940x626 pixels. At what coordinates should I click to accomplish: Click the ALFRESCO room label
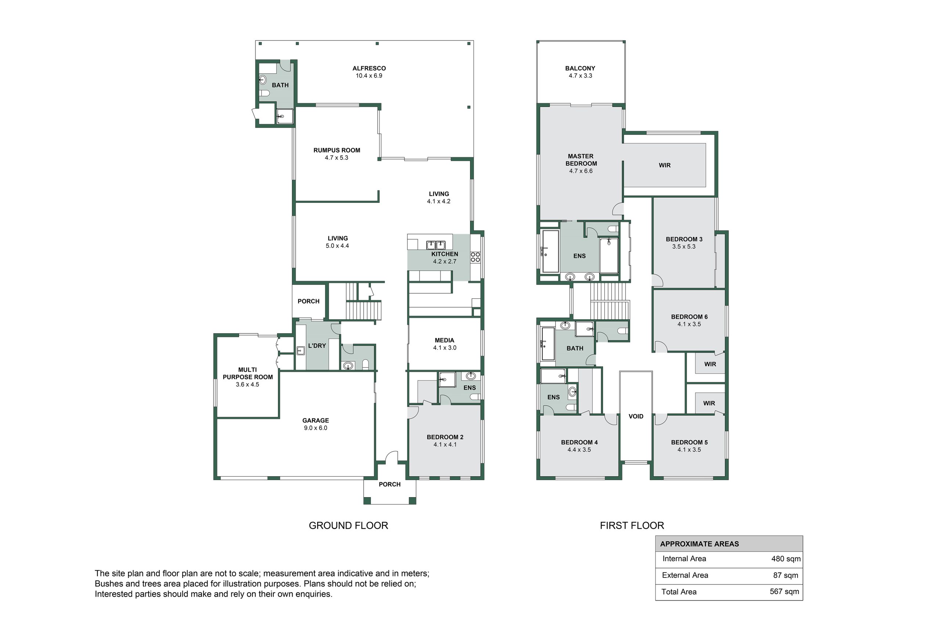coord(369,68)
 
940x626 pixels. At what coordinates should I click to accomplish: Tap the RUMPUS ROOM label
coord(337,150)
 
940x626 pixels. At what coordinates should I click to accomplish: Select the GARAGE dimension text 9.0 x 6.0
coord(315,428)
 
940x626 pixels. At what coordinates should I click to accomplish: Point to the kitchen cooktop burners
coord(475,257)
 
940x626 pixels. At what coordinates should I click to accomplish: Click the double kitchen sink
coord(435,245)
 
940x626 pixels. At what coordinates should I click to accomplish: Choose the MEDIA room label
coord(444,341)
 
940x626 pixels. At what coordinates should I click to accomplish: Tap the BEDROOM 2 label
coord(445,437)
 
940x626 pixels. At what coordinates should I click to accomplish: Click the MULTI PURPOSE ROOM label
coord(248,373)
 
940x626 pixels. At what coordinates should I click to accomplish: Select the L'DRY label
coord(317,346)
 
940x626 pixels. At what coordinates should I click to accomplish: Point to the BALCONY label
coord(580,68)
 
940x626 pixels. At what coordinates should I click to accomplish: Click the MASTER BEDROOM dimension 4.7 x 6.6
coord(581,171)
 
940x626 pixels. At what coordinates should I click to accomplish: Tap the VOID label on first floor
coord(636,416)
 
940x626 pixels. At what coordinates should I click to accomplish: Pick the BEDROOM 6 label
coord(689,317)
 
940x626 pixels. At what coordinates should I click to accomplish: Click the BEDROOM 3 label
coord(684,239)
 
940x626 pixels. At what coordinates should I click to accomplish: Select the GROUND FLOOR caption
coord(348,525)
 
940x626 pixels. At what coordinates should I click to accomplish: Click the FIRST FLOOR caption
coord(632,525)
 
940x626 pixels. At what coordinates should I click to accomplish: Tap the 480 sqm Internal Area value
coord(786,559)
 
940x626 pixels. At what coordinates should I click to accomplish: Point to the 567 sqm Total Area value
coord(784,592)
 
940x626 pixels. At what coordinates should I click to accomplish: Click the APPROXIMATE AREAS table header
coord(699,544)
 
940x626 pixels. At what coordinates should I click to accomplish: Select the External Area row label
coord(685,575)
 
